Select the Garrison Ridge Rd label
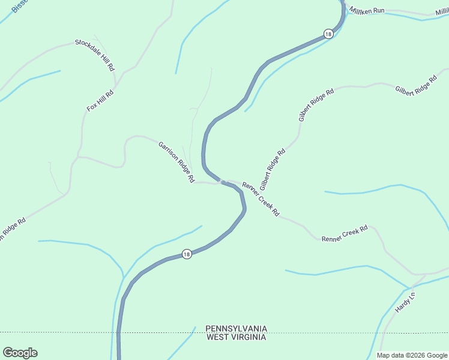[x=176, y=161]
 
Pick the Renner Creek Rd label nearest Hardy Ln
[x=344, y=234]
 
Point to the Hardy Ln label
[x=405, y=302]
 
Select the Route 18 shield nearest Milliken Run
[x=327, y=34]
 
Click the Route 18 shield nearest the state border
[x=187, y=254]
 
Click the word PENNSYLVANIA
[x=236, y=329]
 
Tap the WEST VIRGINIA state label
[x=236, y=337]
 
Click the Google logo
[x=20, y=353]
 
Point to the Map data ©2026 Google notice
[x=412, y=355]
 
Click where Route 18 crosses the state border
[x=118, y=332]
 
